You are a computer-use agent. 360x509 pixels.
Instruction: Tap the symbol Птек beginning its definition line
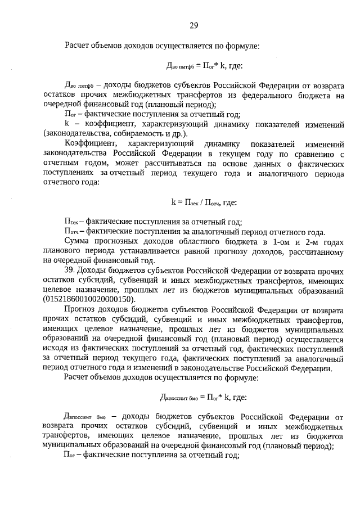point(71,222)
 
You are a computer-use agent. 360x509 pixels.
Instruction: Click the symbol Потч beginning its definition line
point(71,231)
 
